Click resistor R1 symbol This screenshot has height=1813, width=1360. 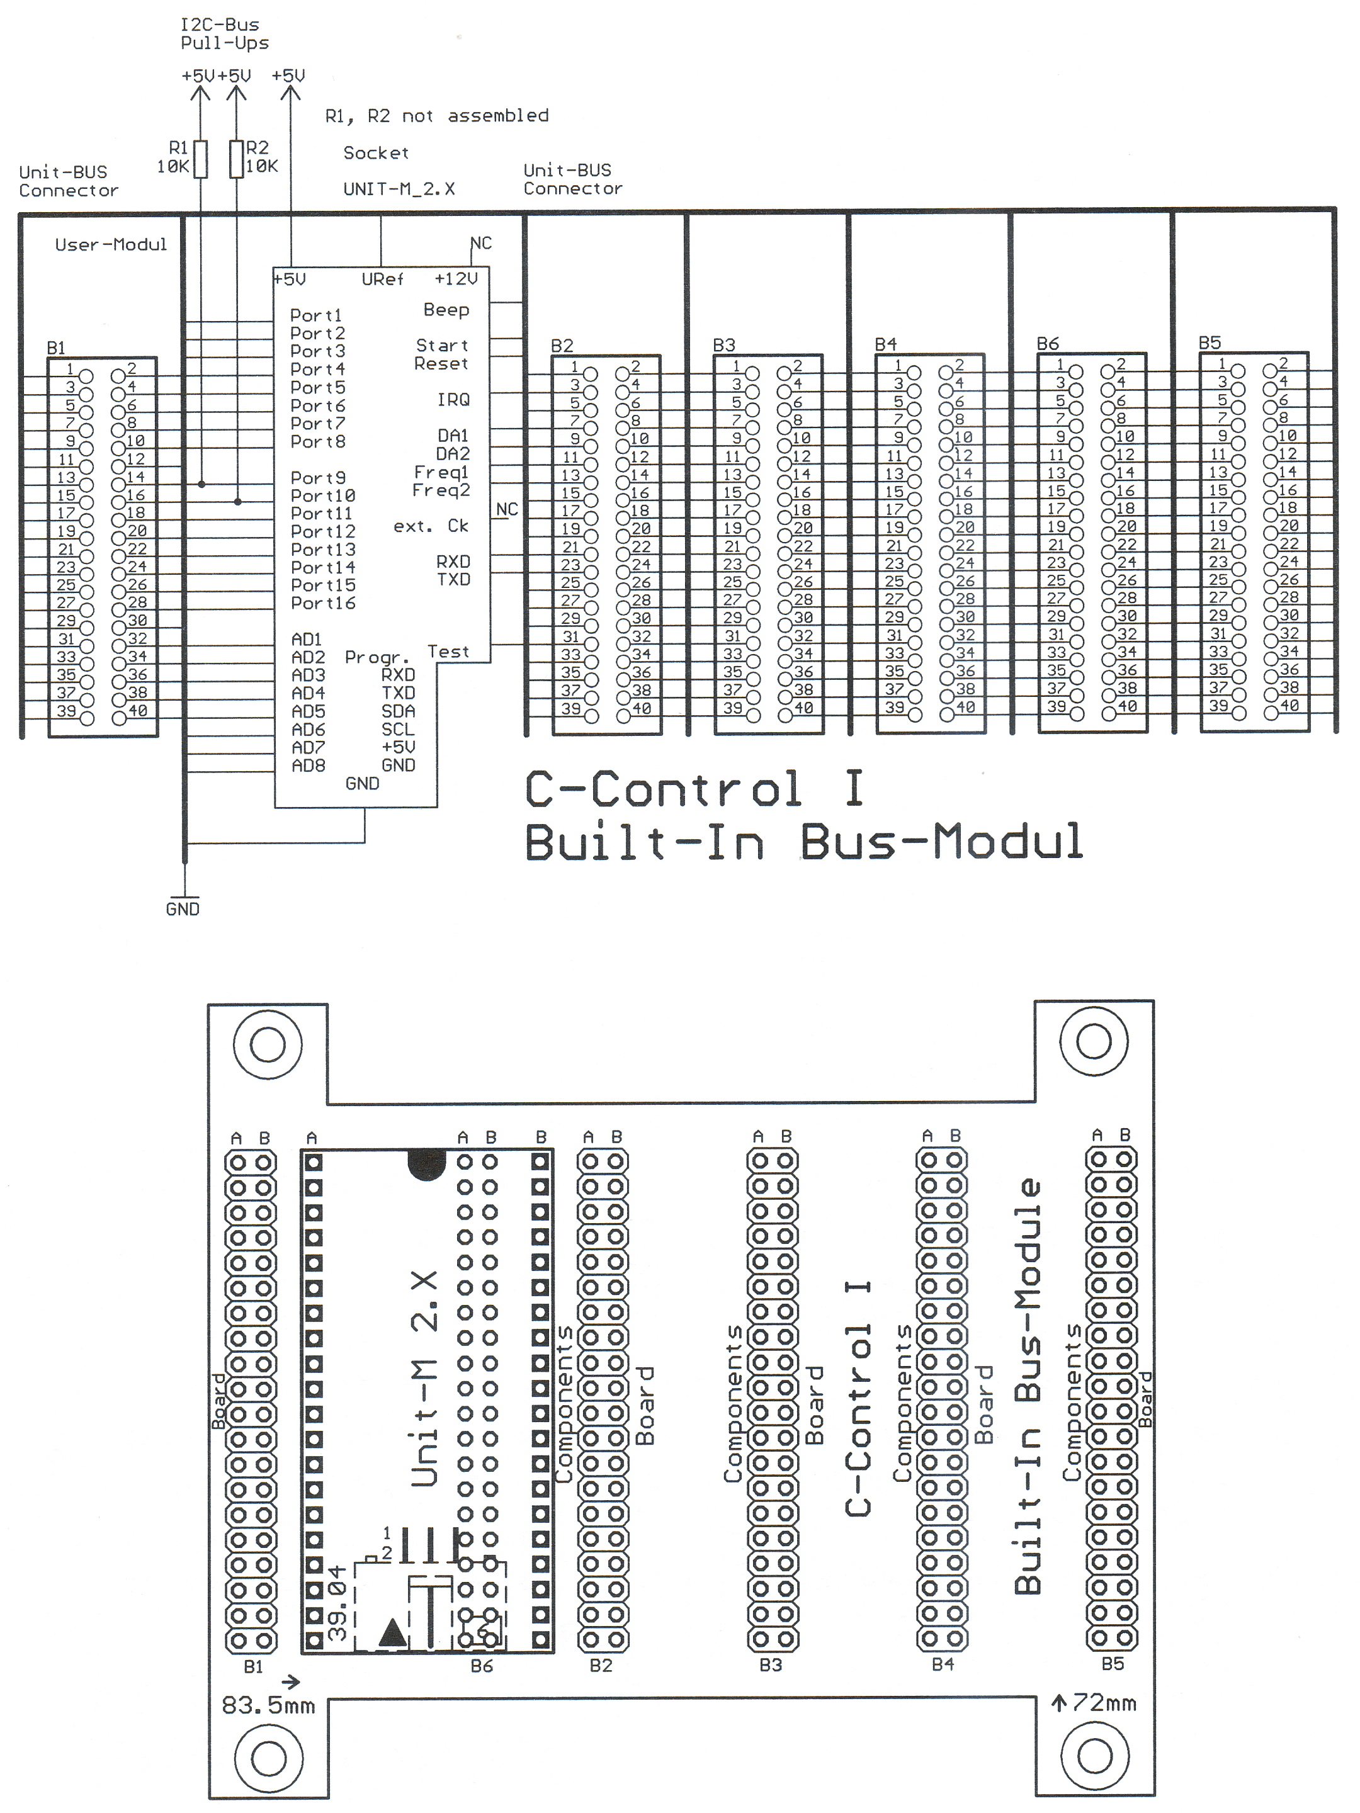pyautogui.click(x=200, y=159)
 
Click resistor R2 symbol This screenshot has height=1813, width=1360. pyautogui.click(x=236, y=159)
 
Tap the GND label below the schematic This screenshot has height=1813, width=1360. pyautogui.click(x=182, y=909)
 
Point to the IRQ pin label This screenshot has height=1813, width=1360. pyautogui.click(x=453, y=400)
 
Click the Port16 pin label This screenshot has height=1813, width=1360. pyautogui.click(x=323, y=603)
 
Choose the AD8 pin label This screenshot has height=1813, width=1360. pyautogui.click(x=309, y=765)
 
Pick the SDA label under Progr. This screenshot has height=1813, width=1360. pyautogui.click(x=399, y=711)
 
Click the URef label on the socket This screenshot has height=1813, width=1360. pyautogui.click(x=383, y=280)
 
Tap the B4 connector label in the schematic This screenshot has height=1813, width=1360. pyautogui.click(x=885, y=344)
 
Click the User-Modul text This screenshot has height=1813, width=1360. pyautogui.click(x=111, y=244)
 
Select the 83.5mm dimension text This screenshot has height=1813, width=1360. pyautogui.click(x=268, y=1705)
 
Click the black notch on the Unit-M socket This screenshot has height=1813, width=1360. pyautogui.click(x=426, y=1164)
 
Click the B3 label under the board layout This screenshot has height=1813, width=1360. pyautogui.click(x=771, y=1664)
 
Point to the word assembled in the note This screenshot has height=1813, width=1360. pyautogui.click(x=499, y=116)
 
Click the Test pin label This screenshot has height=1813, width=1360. pyautogui.click(x=448, y=652)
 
